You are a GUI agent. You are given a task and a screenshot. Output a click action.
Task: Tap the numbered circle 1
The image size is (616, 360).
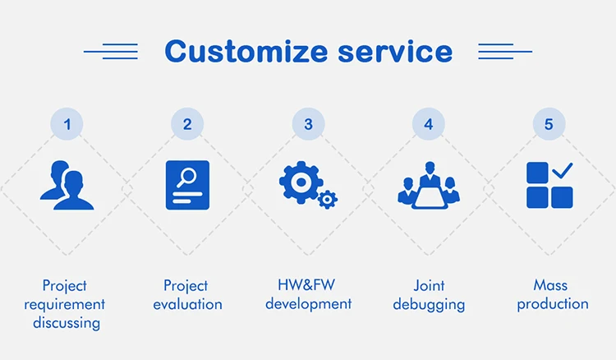[x=67, y=124]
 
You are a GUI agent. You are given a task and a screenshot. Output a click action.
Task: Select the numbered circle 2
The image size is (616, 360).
[x=187, y=124]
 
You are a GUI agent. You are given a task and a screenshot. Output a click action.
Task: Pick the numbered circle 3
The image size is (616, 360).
[x=308, y=124]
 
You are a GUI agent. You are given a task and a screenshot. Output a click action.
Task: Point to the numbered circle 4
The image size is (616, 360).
[x=428, y=124]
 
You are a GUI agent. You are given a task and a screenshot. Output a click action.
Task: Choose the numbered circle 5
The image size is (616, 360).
[x=549, y=124]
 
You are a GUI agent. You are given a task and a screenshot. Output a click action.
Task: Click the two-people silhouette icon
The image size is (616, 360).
[x=67, y=185]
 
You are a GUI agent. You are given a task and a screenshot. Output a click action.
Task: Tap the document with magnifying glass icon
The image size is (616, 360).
[x=187, y=185]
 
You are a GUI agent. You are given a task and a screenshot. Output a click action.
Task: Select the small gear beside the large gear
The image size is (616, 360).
[x=328, y=198]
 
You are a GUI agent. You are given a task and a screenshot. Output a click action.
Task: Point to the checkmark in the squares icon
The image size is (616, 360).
[x=562, y=170]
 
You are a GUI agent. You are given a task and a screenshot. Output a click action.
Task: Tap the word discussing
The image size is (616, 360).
[x=67, y=322]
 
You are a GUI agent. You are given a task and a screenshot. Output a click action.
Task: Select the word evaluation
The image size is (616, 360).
[x=187, y=304]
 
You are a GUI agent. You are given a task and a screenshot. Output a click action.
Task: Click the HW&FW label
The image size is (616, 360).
[x=308, y=285]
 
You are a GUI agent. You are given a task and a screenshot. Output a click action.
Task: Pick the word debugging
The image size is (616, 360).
[x=429, y=304]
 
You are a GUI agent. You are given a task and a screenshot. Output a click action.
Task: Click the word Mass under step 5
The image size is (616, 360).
[x=549, y=285]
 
